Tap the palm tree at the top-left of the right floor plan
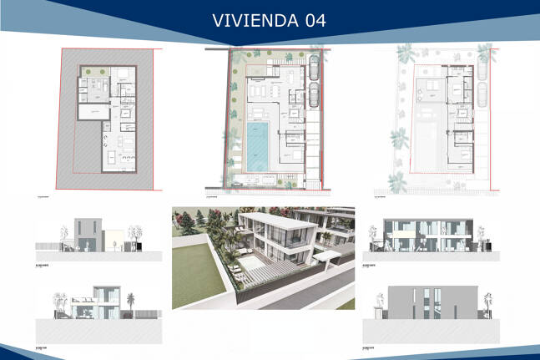(x=406, y=53)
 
